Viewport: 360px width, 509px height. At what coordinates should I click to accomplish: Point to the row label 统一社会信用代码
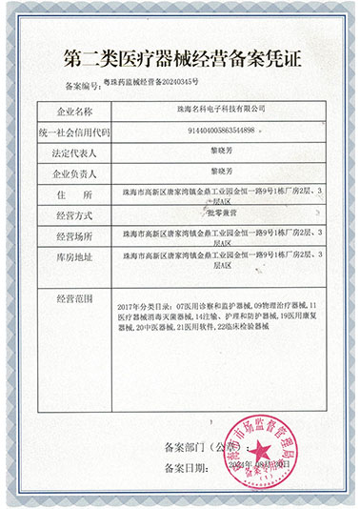(68, 132)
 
